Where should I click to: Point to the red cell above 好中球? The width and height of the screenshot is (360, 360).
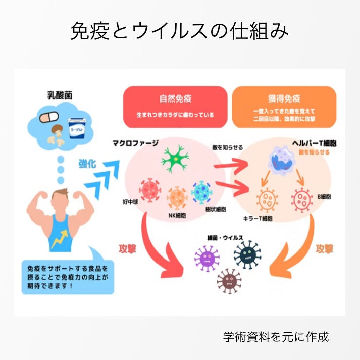coord(149,190)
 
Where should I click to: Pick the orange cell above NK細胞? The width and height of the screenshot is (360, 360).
coord(177,196)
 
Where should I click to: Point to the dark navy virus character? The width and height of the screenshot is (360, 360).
coord(247,254)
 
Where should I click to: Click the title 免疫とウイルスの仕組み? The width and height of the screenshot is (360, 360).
coord(180,32)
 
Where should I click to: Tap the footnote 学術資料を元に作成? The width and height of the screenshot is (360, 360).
coord(276,336)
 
